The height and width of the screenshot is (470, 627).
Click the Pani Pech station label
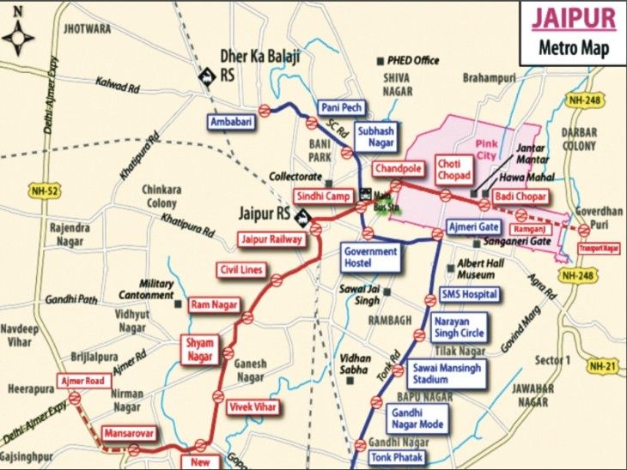(342, 107)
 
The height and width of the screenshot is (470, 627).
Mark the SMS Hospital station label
(469, 294)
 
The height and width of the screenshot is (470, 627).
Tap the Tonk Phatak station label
(397, 457)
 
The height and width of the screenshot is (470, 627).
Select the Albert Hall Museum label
(482, 268)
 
